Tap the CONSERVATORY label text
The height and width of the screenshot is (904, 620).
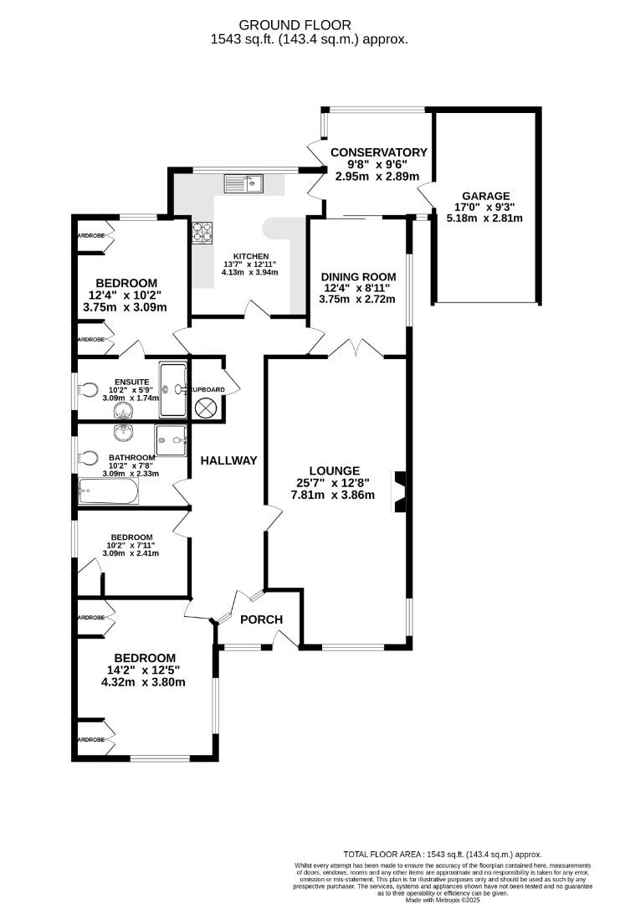click(x=378, y=152)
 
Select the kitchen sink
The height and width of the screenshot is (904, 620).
click(x=243, y=182)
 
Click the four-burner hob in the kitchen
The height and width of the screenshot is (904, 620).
click(x=203, y=232)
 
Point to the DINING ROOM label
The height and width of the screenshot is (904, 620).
click(x=358, y=276)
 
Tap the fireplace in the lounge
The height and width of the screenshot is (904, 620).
click(x=400, y=491)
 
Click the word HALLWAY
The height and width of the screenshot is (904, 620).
click(x=228, y=460)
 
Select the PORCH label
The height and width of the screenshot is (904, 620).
click(x=261, y=619)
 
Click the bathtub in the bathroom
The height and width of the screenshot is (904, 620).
click(x=108, y=491)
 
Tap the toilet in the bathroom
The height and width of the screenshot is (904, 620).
click(x=87, y=458)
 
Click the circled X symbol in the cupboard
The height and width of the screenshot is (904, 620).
click(x=206, y=408)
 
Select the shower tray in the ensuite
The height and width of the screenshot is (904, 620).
click(x=173, y=389)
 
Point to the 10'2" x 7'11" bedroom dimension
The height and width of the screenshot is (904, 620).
click(x=132, y=545)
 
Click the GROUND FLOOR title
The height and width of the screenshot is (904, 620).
click(x=309, y=25)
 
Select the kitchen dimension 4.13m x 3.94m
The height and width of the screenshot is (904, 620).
click(x=250, y=272)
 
